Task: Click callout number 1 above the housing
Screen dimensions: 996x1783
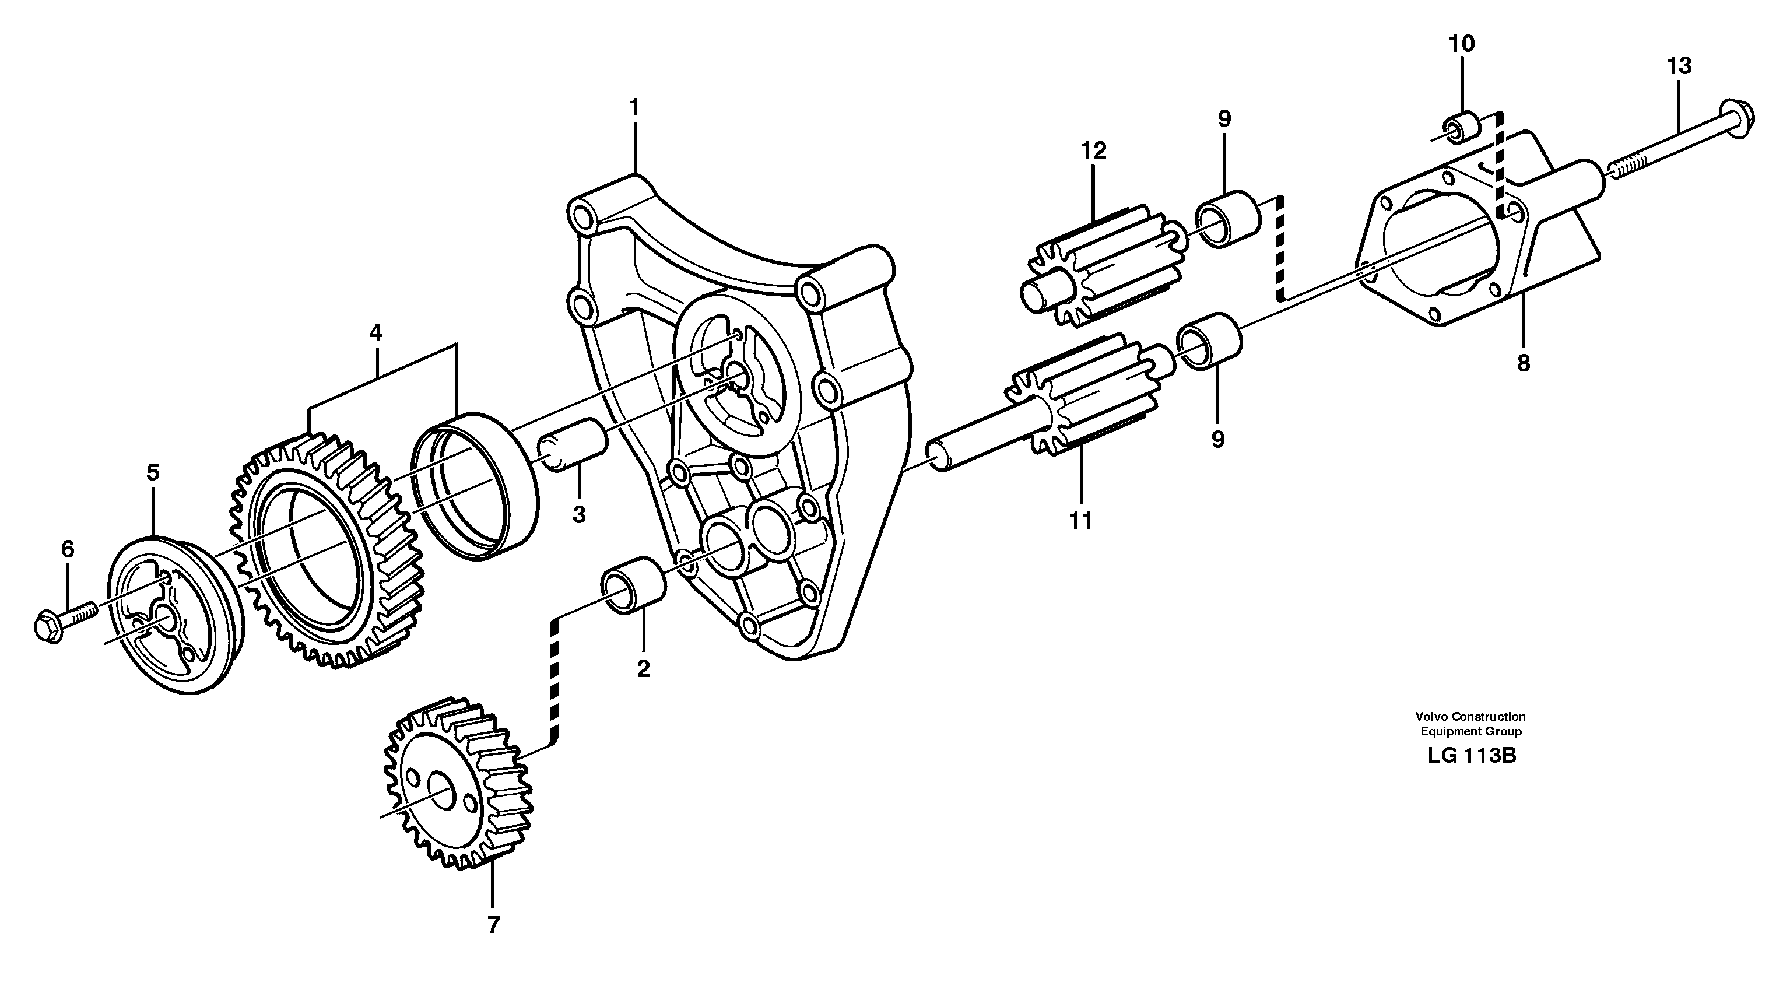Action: (x=634, y=108)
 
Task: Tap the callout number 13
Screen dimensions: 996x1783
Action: (x=1679, y=66)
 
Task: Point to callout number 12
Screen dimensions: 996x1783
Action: (x=1094, y=150)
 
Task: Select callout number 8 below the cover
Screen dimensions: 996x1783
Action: (x=1523, y=363)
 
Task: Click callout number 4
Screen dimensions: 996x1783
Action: (x=375, y=334)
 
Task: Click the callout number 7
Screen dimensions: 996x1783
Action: (x=493, y=925)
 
